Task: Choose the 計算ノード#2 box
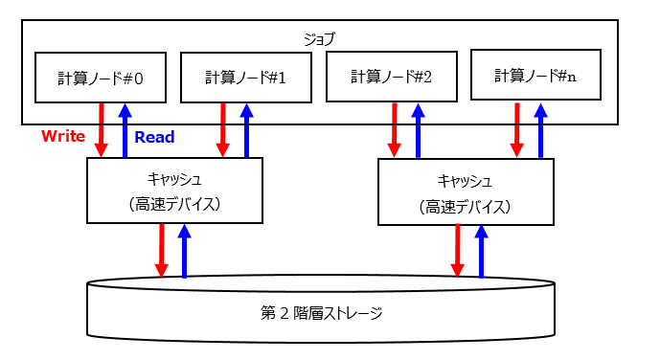coord(391,77)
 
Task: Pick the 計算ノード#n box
coord(535,75)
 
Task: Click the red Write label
coord(63,137)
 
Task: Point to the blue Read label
coord(154,137)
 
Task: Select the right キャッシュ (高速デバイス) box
coord(466,192)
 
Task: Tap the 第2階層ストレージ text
coord(320,312)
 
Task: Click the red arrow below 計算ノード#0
coord(102,130)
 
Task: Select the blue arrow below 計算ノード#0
coord(125,130)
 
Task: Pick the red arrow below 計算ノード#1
coord(223,130)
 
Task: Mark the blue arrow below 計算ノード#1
coord(247,130)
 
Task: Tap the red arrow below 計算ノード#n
coord(517,130)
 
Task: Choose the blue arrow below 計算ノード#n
coord(541,130)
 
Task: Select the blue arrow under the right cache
coord(481,252)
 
